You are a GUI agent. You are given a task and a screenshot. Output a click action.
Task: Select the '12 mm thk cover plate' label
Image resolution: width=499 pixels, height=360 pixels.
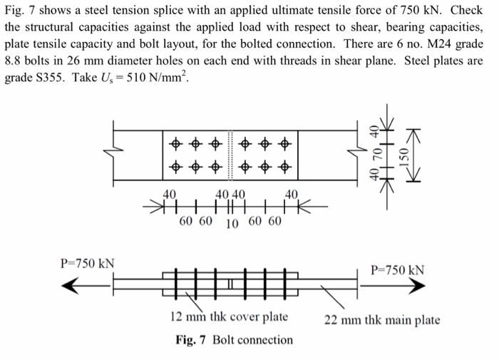pyautogui.click(x=229, y=317)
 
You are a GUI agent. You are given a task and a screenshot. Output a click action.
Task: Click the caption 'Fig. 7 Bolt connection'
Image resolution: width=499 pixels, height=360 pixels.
pyautogui.click(x=234, y=339)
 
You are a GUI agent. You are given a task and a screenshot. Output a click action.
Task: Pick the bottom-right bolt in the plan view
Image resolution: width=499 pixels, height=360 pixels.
pyautogui.click(x=285, y=169)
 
